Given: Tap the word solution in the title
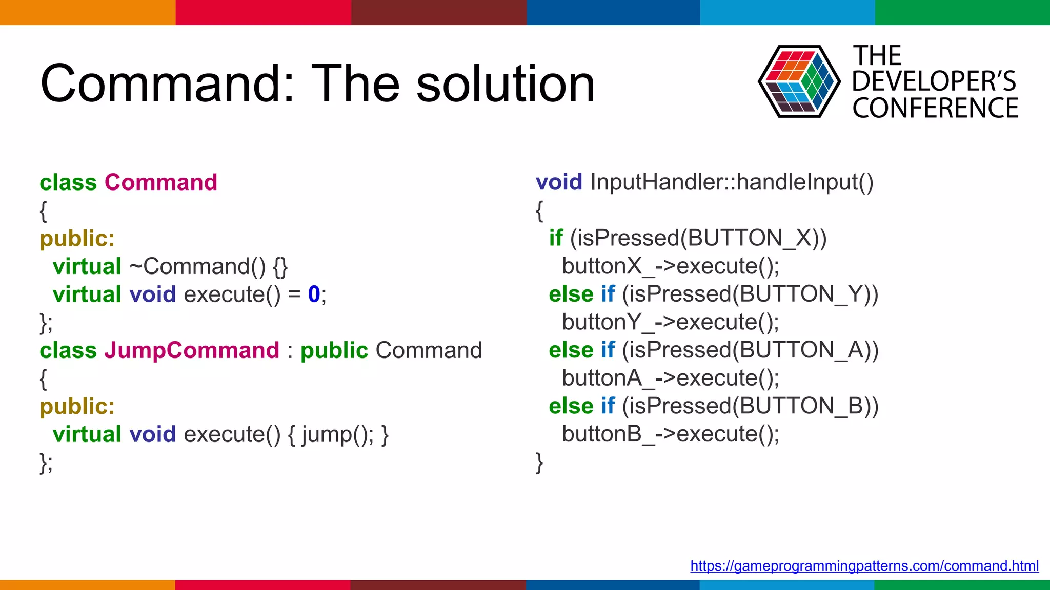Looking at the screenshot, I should [x=505, y=83].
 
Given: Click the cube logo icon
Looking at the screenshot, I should [x=798, y=81].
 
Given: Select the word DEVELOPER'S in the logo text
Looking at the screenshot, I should [x=934, y=81].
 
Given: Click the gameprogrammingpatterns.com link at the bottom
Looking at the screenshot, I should [x=864, y=565].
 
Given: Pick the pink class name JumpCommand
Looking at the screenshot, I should [x=192, y=351].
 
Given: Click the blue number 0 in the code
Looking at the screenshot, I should [x=314, y=294].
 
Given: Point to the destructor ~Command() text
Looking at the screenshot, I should [x=197, y=266].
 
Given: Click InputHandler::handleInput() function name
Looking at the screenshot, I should [x=732, y=182].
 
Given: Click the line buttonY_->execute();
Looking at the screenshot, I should [x=670, y=322].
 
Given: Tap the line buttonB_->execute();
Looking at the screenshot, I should [x=670, y=434].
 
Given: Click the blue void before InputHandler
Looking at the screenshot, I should [x=559, y=182].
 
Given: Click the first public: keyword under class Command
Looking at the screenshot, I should [x=77, y=239].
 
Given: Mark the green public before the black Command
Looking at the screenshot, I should [x=334, y=351].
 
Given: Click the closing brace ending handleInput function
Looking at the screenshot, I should [x=539, y=462].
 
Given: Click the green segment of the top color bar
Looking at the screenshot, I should [x=962, y=12].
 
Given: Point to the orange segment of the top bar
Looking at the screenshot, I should [x=87, y=12].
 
